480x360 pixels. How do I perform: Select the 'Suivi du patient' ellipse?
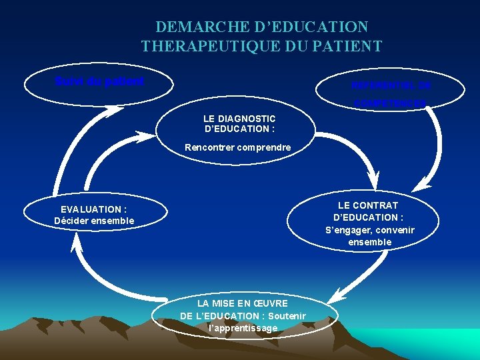(x=99, y=82)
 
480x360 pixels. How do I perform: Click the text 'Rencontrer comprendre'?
(x=238, y=147)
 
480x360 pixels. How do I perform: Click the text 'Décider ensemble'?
(x=94, y=221)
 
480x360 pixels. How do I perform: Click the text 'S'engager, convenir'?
(x=370, y=230)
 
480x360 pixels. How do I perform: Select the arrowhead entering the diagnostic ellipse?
(x=148, y=137)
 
